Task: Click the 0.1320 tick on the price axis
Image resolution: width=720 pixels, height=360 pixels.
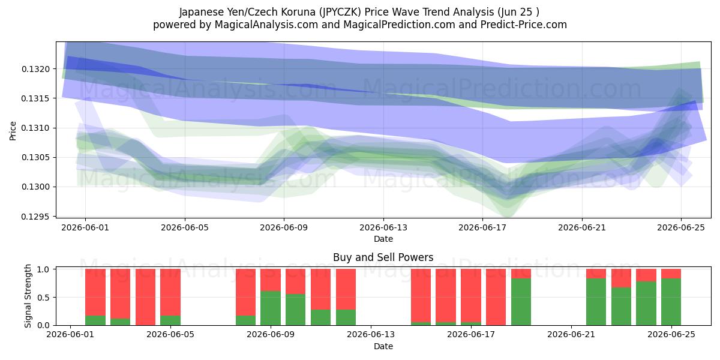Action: [x=35, y=69]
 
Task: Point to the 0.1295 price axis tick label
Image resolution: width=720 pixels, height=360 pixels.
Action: [x=35, y=217]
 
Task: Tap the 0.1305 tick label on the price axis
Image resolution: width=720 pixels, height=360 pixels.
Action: [x=35, y=157]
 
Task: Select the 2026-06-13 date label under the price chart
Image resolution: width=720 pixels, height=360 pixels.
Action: [x=383, y=227]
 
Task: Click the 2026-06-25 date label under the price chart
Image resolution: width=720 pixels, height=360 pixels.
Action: [x=681, y=227]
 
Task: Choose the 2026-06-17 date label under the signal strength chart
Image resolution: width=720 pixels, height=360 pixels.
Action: [x=471, y=335]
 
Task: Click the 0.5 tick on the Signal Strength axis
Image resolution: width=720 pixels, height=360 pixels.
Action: [x=43, y=298]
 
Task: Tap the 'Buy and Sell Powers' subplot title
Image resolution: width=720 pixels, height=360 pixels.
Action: [x=383, y=257]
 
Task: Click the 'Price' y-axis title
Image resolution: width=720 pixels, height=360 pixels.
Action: [x=13, y=131]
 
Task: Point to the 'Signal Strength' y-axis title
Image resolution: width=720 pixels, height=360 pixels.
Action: [x=28, y=296]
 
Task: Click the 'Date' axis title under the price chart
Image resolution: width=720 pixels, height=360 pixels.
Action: [x=383, y=239]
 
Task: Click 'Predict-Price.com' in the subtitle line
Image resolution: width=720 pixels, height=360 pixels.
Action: [x=524, y=25]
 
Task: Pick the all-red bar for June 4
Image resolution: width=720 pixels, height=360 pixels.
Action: [x=145, y=297]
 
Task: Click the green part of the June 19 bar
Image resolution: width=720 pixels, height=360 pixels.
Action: [x=521, y=302]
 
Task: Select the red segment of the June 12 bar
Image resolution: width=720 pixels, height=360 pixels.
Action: [x=346, y=289]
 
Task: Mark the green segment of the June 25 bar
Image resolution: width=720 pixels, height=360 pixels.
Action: [x=671, y=302]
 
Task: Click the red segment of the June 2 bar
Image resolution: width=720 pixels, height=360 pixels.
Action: [x=95, y=292]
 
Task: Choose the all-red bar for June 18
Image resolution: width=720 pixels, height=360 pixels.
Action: [x=496, y=297]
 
